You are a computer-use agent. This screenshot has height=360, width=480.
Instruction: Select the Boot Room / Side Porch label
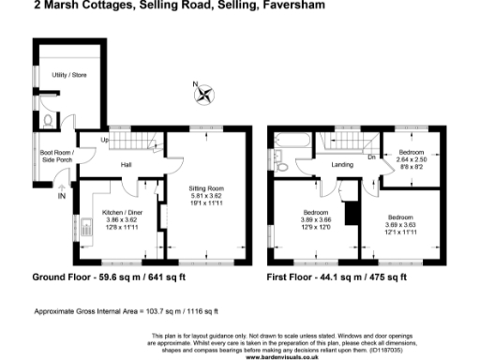58,156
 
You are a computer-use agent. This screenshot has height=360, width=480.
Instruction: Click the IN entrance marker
62,195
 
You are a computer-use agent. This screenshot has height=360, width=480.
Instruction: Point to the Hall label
125,164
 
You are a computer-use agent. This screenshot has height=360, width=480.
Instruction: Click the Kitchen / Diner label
123,212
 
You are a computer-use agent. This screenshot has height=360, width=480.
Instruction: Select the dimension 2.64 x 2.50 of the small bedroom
410,159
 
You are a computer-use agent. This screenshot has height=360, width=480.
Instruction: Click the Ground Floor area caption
110,278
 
